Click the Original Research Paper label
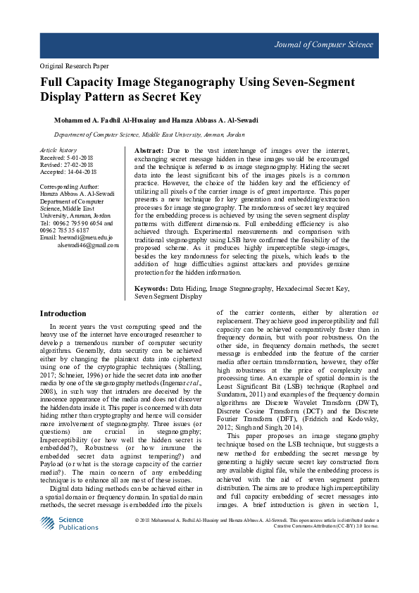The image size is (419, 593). click(73, 65)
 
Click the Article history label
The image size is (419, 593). click(58, 151)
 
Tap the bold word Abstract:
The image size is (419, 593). click(149, 151)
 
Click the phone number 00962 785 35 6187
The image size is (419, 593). click(70, 230)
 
